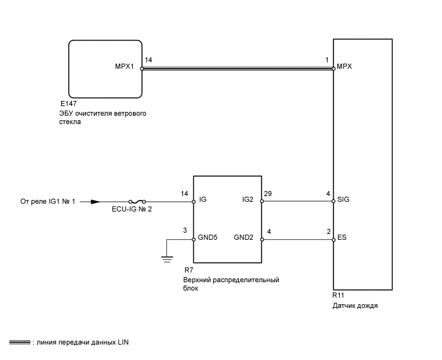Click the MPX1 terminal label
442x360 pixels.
click(x=123, y=66)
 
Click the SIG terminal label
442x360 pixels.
click(x=344, y=200)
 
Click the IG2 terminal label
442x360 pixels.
click(x=247, y=200)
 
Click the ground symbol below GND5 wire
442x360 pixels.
click(x=166, y=259)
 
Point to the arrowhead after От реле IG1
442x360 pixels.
click(x=94, y=201)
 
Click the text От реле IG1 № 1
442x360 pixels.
click(x=48, y=201)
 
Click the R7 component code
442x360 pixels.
click(x=188, y=271)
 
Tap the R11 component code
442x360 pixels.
click(x=339, y=296)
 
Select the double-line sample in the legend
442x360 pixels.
click(x=20, y=343)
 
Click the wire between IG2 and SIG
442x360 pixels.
click(x=297, y=201)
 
